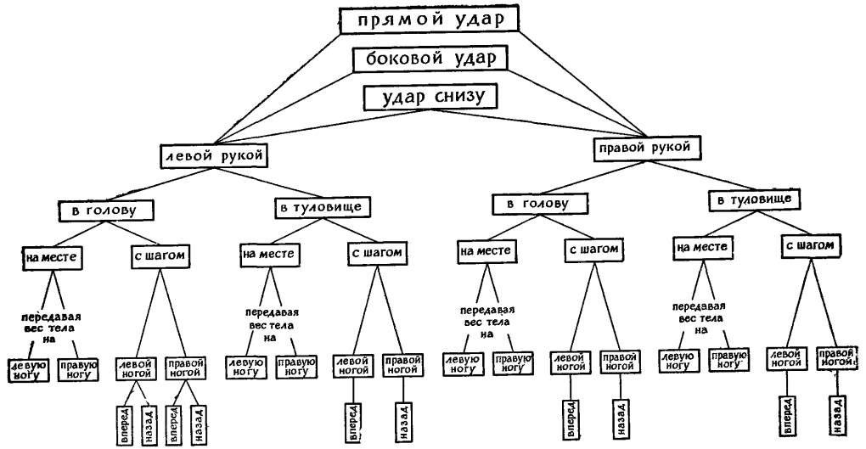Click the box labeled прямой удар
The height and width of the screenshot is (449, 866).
[x=427, y=21]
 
